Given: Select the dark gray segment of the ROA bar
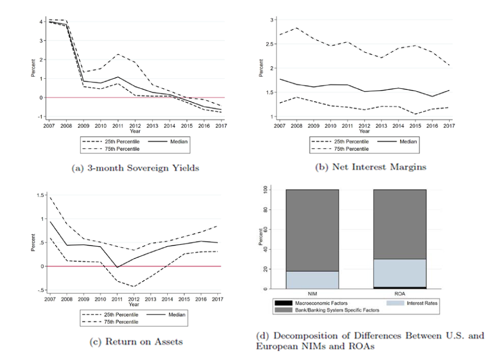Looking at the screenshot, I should click(400, 224).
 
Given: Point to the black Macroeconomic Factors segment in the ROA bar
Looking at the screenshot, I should click(400, 288).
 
